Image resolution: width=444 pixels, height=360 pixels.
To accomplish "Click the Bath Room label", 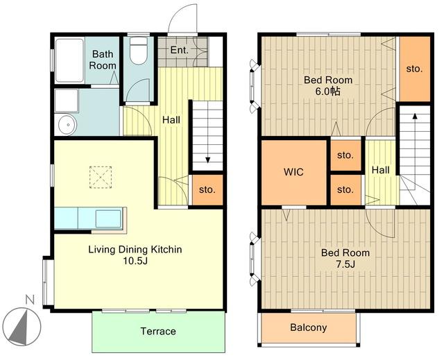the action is tap(103, 60).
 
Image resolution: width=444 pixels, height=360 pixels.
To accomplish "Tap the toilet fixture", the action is tap(139, 51).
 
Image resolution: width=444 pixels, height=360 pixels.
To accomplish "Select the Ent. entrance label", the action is tap(179, 51).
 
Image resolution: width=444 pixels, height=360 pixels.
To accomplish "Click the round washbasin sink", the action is tap(67, 125).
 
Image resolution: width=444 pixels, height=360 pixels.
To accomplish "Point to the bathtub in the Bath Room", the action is tap(69, 60).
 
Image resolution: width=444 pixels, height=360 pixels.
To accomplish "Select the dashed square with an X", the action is tap(101, 177).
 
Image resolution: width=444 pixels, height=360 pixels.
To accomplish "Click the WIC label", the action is tap(293, 172).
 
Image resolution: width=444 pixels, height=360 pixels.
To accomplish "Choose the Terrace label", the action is tap(158, 331).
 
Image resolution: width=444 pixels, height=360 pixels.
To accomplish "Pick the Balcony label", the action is tap(308, 327).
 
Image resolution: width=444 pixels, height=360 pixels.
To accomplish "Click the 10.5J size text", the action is tap(135, 261).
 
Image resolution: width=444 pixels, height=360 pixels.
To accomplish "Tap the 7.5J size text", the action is tap(345, 264).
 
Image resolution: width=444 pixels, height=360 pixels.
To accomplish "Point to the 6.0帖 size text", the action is tap(328, 92).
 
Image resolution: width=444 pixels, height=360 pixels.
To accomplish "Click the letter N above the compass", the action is tap(30, 300).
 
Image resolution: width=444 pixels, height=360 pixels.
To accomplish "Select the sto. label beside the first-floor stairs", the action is tap(207, 189).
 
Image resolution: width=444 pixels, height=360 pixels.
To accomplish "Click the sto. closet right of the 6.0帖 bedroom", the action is tap(414, 69).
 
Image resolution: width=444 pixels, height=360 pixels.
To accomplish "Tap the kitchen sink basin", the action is tap(108, 218).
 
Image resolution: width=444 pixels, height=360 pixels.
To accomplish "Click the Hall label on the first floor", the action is tap(171, 120).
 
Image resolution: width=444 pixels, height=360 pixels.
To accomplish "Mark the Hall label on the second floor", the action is tap(380, 170).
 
